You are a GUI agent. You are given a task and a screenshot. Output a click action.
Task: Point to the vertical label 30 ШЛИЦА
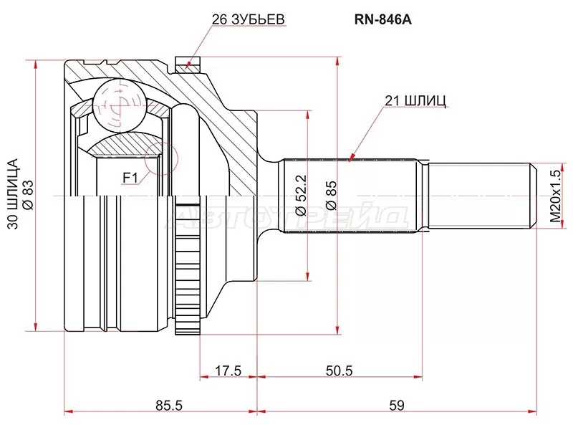(x=12, y=194)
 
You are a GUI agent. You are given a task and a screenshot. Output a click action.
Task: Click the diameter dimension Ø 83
(x=29, y=194)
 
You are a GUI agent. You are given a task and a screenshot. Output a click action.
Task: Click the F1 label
(x=130, y=175)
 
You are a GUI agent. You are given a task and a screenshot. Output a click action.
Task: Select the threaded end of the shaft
(x=480, y=194)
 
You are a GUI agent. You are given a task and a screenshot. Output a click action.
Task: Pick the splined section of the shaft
(x=351, y=194)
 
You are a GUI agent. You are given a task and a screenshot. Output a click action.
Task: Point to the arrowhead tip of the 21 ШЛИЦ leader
(x=350, y=158)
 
